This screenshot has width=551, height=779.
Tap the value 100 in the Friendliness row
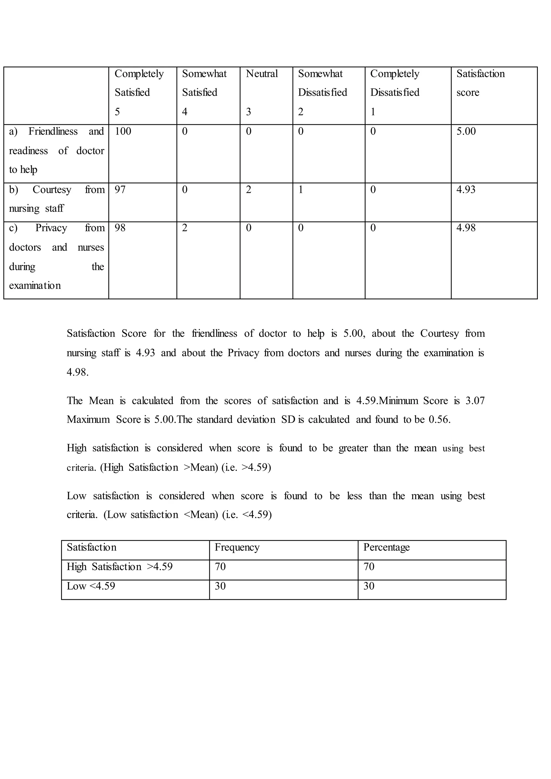pyautogui.click(x=123, y=131)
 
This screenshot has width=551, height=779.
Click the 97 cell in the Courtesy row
pyautogui.click(x=120, y=190)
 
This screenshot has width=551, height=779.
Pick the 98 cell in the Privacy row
pyautogui.click(x=120, y=228)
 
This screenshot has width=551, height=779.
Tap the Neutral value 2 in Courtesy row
pyautogui.click(x=248, y=190)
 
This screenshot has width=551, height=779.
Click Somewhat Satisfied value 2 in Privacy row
pyautogui.click(x=185, y=228)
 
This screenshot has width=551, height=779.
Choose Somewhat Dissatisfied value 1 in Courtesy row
pyautogui.click(x=301, y=190)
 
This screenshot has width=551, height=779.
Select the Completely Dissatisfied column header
pyautogui.click(x=395, y=83)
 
